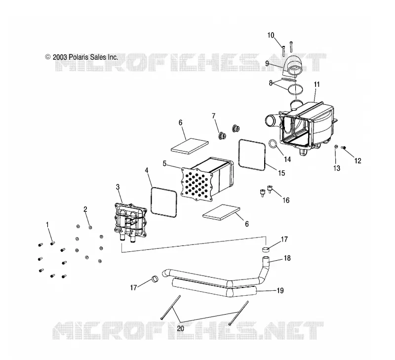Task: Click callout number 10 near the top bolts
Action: (x=271, y=35)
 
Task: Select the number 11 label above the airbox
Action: (x=316, y=84)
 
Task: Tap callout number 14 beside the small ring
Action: (x=287, y=159)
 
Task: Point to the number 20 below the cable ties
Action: (x=181, y=328)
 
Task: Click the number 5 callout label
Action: (x=164, y=163)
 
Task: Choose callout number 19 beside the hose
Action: (x=280, y=290)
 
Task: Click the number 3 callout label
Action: (x=118, y=187)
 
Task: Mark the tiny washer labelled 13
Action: (x=336, y=147)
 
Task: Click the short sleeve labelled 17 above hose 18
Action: (x=265, y=250)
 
